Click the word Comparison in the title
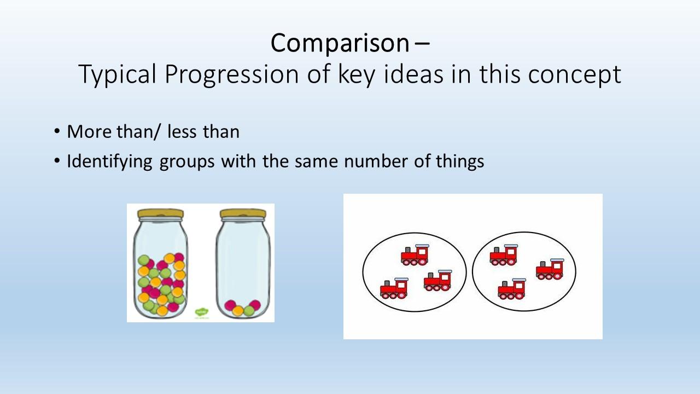pyautogui.click(x=340, y=43)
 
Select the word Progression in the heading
pyautogui.click(x=231, y=74)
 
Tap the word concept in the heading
pyautogui.click(x=574, y=74)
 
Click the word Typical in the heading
pyautogui.click(x=117, y=75)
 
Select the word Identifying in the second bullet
pyautogui.click(x=110, y=162)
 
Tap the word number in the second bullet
pyautogui.click(x=376, y=161)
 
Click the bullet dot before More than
pyautogui.click(x=56, y=131)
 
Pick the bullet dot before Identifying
pyautogui.click(x=56, y=161)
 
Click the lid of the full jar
pyautogui.click(x=161, y=213)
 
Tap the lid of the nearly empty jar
pyautogui.click(x=243, y=213)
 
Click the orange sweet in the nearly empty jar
pyautogui.click(x=238, y=311)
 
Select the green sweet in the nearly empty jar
pyautogui.click(x=249, y=311)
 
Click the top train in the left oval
pyautogui.click(x=415, y=255)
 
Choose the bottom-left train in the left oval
pyautogui.click(x=394, y=288)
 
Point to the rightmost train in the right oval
pyautogui.click(x=550, y=269)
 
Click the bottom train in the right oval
pyautogui.click(x=512, y=289)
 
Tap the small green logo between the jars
pyautogui.click(x=202, y=312)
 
